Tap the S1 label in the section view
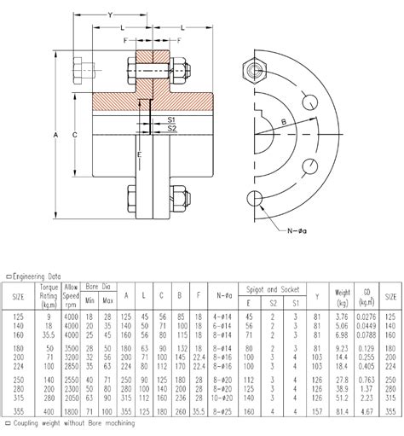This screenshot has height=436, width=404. (x=171, y=120)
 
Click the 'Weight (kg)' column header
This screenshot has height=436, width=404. (x=342, y=295)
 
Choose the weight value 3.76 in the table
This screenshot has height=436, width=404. (x=342, y=317)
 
